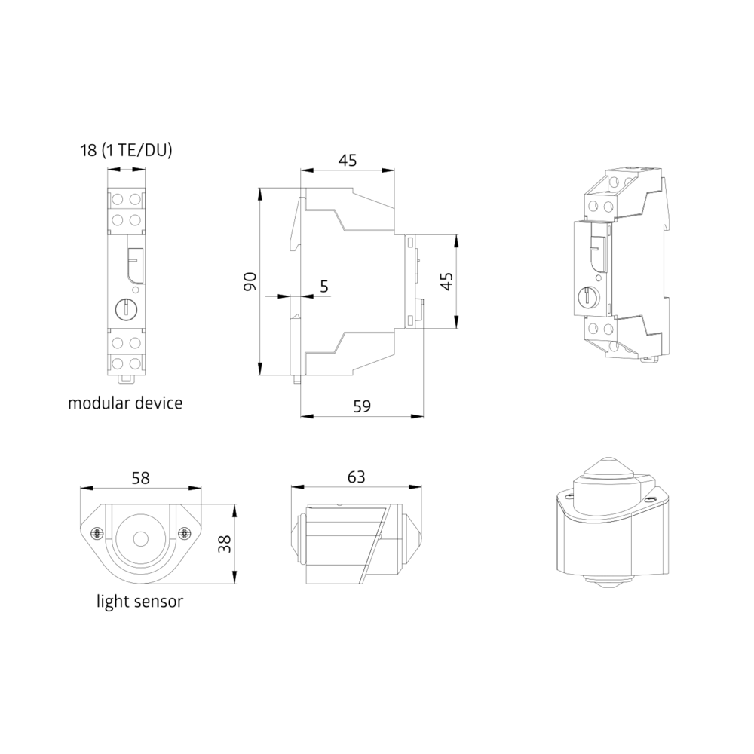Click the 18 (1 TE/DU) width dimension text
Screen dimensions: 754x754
[126, 151]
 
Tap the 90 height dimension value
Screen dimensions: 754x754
[250, 281]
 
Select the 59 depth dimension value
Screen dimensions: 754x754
[362, 406]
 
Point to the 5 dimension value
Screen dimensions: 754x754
[324, 286]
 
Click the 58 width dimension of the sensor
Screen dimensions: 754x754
[140, 478]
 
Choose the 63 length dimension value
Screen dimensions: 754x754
[357, 477]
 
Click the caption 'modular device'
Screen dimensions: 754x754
[125, 403]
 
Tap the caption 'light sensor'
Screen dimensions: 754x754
[140, 601]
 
